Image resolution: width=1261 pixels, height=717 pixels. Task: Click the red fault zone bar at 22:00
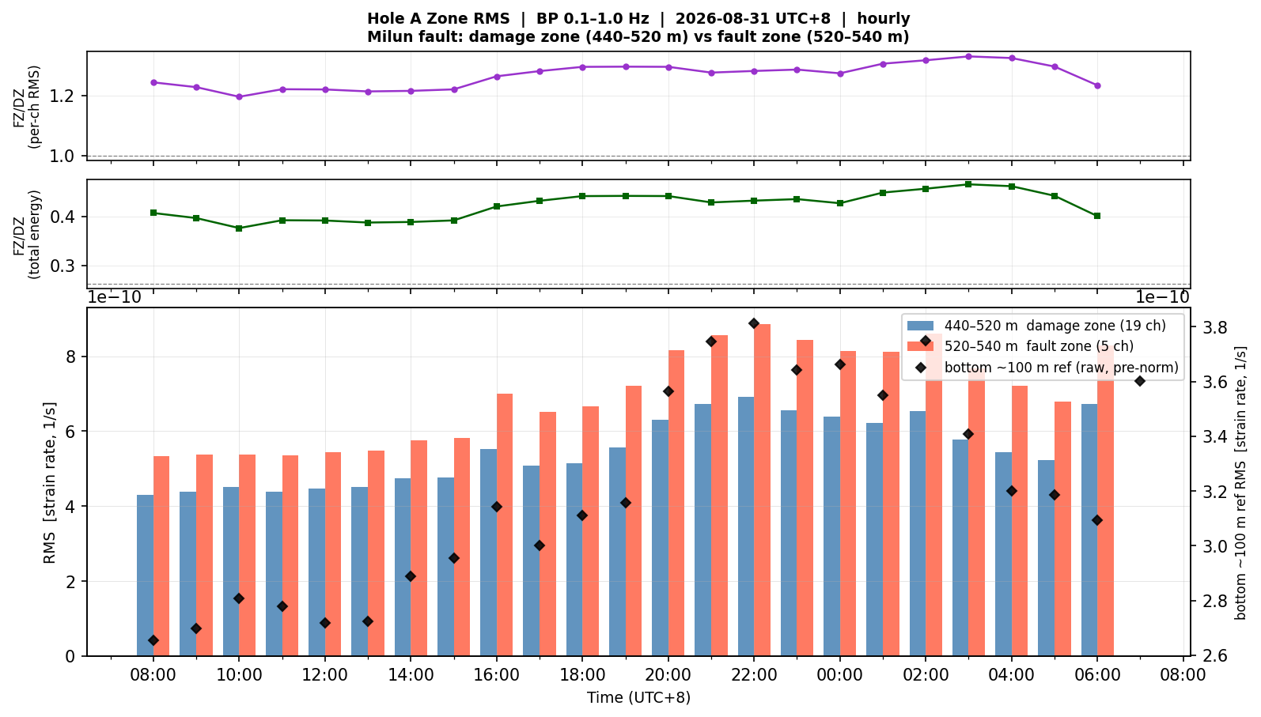(x=763, y=490)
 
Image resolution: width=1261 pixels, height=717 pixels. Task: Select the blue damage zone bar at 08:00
(x=146, y=575)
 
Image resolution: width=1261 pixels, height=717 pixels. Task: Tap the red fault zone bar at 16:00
(x=505, y=525)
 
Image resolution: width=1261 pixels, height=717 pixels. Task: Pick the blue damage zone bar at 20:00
(x=661, y=538)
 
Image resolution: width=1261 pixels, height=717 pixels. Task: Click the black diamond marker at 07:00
(x=1140, y=381)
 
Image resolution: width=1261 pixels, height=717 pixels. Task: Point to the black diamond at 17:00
(x=540, y=545)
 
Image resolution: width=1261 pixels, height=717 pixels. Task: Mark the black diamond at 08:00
(x=153, y=640)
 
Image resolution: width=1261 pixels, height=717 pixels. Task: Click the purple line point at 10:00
(x=239, y=96)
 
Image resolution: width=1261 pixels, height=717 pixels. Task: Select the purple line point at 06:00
(x=1097, y=85)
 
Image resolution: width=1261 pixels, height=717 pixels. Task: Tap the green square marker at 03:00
(x=968, y=184)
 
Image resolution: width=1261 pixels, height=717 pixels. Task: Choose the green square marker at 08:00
(x=153, y=213)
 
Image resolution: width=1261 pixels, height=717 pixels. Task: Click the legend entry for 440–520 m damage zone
(x=1036, y=326)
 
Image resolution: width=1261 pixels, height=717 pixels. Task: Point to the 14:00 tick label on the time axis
(x=411, y=674)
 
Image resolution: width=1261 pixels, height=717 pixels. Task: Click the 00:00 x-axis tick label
(x=840, y=674)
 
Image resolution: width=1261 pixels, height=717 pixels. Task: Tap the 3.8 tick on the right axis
(x=1214, y=328)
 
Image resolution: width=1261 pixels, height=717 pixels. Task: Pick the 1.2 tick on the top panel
(x=62, y=96)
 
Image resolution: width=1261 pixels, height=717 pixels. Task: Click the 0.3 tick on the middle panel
(x=62, y=266)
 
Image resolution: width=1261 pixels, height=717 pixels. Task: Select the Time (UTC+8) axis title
(x=638, y=698)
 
